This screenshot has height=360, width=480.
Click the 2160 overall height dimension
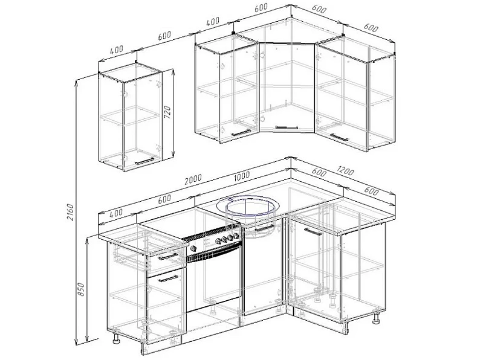coord(70,212)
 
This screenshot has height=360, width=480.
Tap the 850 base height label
coord(81,289)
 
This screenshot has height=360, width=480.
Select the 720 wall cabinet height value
coord(167,112)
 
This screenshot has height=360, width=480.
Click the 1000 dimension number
coord(242,176)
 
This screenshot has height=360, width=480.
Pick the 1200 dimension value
coord(345,171)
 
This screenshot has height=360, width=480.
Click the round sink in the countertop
coord(248,207)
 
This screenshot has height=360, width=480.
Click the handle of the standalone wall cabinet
coord(144,161)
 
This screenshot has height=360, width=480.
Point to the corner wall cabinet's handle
coord(287,127)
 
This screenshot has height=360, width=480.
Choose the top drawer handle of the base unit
coord(168,256)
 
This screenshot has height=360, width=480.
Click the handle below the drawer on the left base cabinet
coord(168,278)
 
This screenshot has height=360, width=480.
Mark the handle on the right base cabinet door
coord(313,231)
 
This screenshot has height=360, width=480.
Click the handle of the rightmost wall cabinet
coord(339,137)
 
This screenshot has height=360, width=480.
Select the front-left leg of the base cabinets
coord(117,339)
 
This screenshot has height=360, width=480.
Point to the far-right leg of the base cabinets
coord(375,318)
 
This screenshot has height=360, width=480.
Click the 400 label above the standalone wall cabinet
coord(116,50)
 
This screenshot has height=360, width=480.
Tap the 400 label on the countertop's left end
coord(115,213)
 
